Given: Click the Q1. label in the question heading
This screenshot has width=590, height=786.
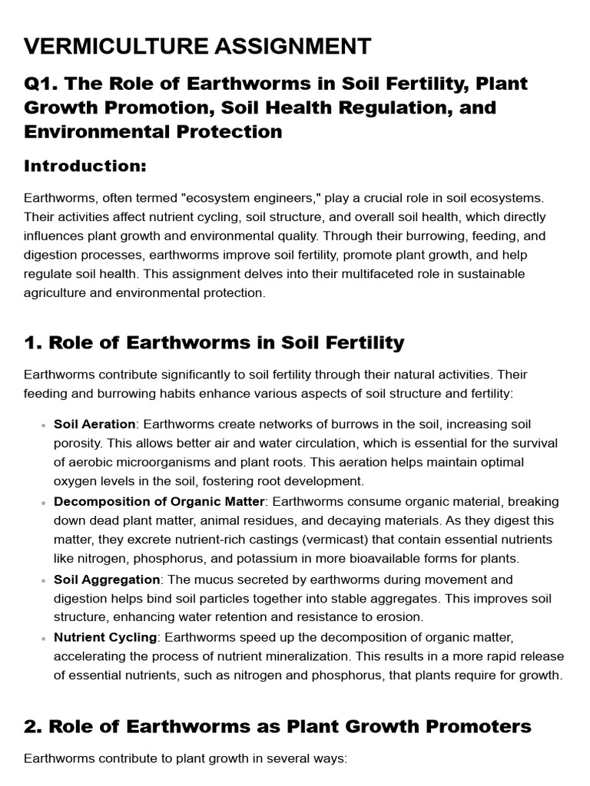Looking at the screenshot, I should click(42, 84).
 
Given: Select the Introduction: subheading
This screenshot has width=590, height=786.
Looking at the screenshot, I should click(85, 166).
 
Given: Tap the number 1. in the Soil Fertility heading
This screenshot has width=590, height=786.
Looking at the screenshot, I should click(33, 342).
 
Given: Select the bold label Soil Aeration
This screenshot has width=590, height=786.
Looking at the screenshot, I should click(94, 424).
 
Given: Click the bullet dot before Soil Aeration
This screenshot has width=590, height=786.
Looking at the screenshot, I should click(39, 424).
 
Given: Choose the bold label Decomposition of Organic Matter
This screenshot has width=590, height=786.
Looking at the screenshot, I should click(159, 501).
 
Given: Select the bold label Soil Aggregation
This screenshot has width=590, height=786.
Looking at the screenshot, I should click(107, 579).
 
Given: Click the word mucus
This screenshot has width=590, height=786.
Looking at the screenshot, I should click(216, 579).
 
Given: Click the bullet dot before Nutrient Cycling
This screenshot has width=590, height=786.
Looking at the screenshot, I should click(39, 637).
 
